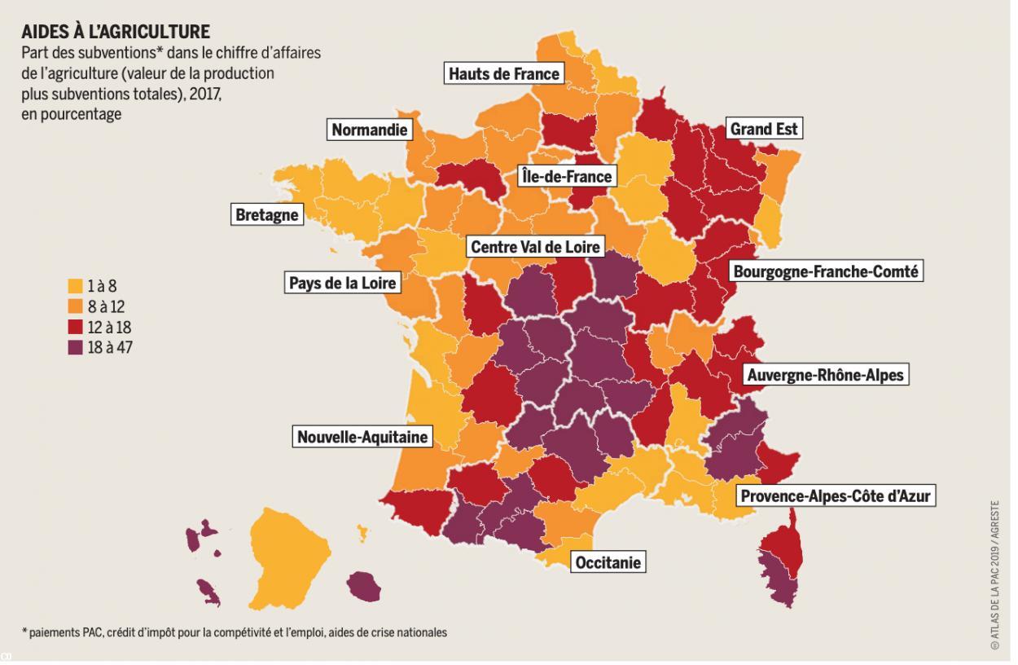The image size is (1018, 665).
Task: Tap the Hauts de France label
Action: [504, 74]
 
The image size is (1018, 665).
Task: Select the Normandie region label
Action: [369, 130]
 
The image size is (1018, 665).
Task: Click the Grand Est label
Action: [765, 129]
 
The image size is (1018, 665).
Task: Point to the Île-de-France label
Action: [567, 175]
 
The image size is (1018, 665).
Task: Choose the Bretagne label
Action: [267, 216]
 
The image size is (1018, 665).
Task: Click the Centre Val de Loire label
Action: [536, 246]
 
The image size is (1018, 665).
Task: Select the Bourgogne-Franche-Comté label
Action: [826, 271]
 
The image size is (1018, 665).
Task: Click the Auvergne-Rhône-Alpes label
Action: [824, 375]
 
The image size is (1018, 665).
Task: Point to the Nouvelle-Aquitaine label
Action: [362, 438]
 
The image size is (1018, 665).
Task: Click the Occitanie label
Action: [608, 562]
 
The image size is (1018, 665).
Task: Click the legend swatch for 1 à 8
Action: [75, 286]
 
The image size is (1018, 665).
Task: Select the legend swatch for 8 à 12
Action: [75, 306]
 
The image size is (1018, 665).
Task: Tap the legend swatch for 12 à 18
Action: [75, 327]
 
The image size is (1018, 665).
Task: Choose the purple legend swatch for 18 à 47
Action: [75, 347]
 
